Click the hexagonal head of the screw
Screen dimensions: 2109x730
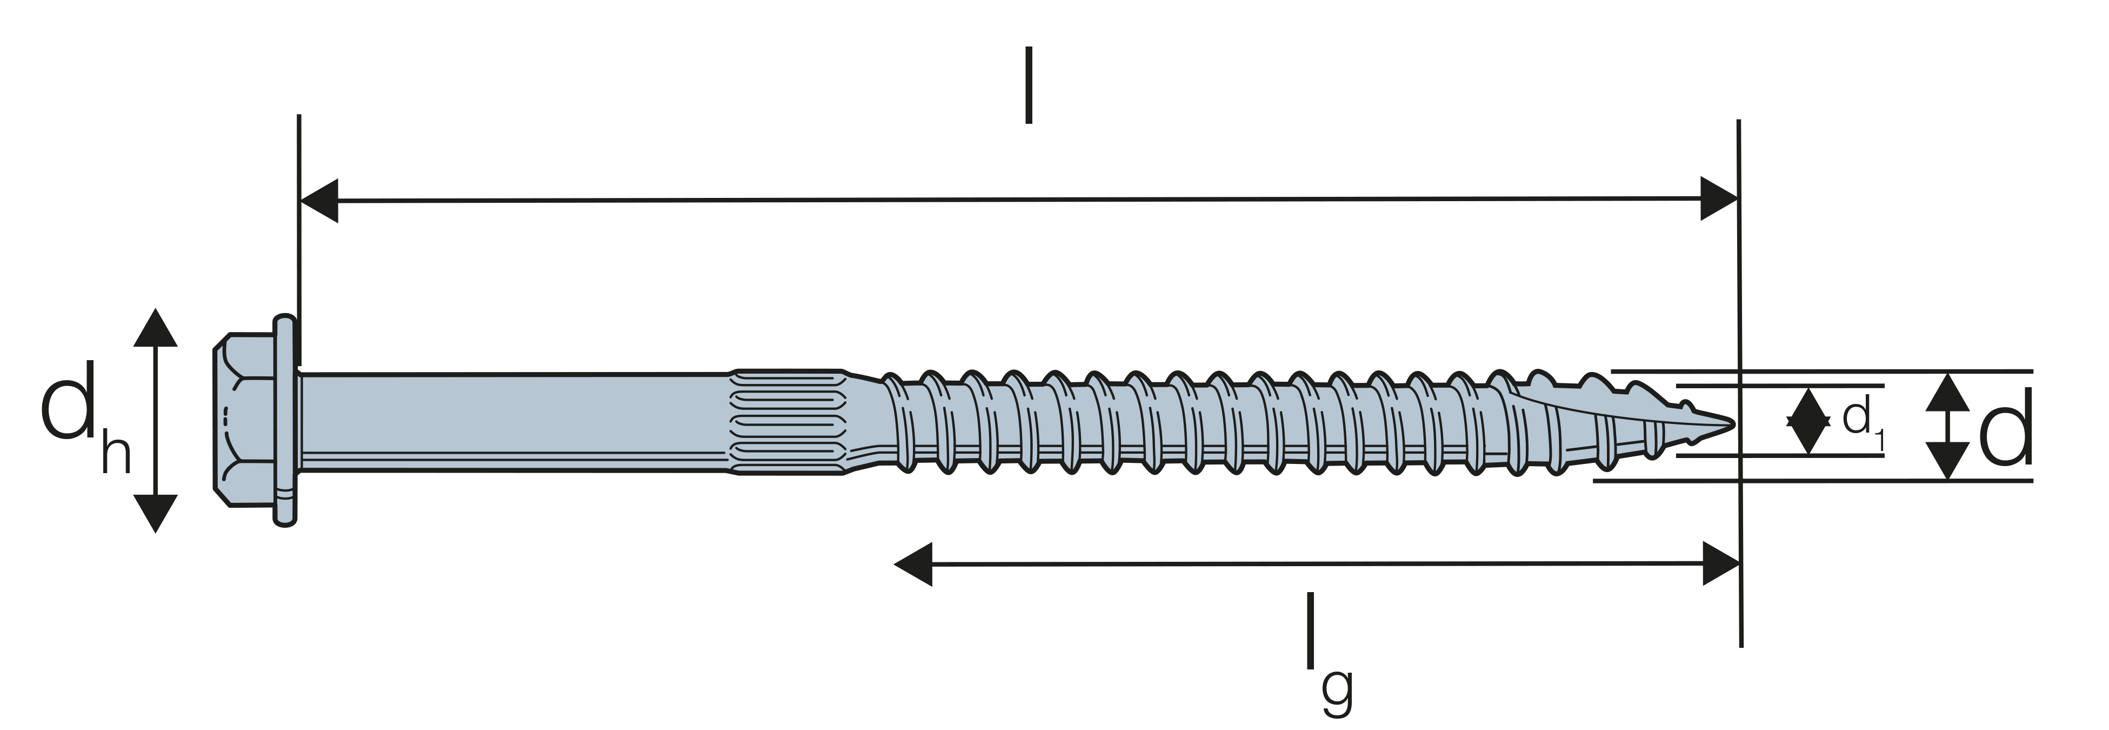click(x=244, y=420)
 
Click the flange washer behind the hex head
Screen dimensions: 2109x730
click(x=285, y=420)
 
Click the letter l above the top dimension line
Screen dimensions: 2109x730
click(x=1029, y=85)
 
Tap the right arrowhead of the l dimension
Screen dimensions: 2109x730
click(x=1719, y=198)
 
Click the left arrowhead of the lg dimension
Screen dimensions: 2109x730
click(x=913, y=563)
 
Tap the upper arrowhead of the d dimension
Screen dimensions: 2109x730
click(x=1947, y=391)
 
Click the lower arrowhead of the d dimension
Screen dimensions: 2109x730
click(x=1947, y=461)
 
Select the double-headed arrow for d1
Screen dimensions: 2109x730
click(x=1808, y=421)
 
